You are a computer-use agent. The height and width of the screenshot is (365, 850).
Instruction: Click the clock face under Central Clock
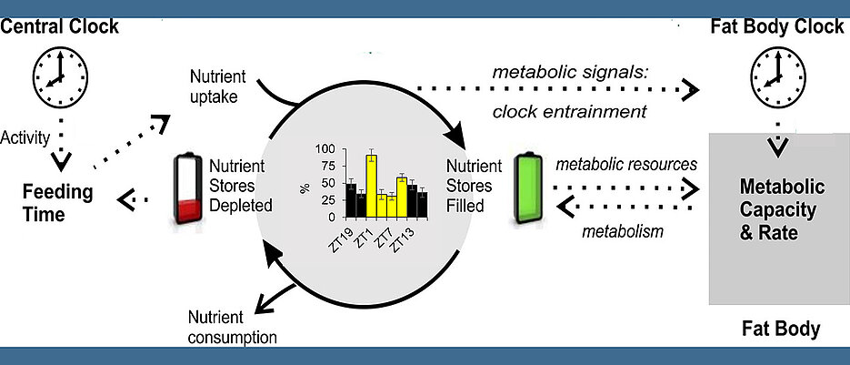[60, 77]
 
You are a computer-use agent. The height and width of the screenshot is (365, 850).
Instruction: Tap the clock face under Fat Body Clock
[778, 77]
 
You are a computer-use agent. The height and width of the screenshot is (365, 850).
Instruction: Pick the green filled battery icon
[528, 188]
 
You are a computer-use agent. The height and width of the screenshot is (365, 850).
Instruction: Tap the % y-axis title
[305, 188]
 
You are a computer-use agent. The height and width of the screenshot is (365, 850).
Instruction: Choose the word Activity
[25, 138]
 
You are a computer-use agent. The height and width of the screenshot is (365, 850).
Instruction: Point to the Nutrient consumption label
[232, 327]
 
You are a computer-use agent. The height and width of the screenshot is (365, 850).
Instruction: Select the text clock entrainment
[570, 111]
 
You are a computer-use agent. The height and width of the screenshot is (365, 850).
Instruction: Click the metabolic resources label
[626, 164]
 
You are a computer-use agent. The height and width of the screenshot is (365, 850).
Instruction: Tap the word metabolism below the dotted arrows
[623, 232]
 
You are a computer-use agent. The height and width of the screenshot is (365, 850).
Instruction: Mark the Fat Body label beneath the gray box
[781, 330]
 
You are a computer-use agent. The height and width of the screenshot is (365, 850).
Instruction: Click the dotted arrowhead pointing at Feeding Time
[126, 199]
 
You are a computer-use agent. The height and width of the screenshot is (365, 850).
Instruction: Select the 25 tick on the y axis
[331, 200]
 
